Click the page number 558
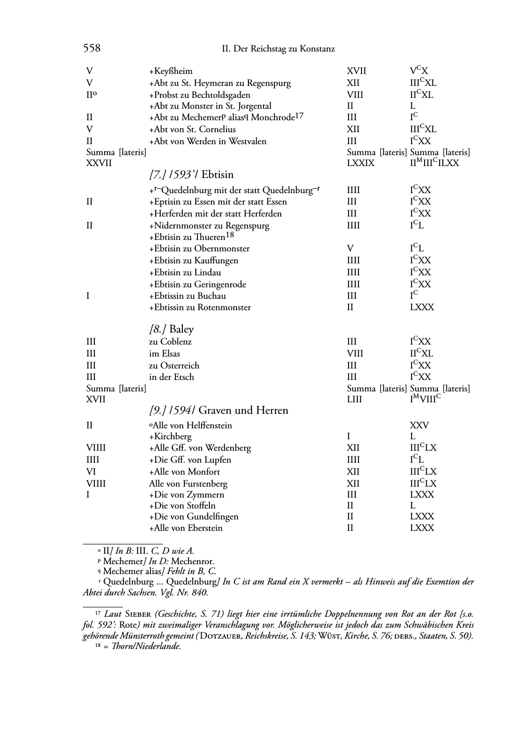click(92, 48)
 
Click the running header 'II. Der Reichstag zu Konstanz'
click(278, 49)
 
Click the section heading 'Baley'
click(181, 329)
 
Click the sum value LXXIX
click(360, 163)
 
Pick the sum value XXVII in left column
click(98, 163)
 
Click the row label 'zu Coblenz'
click(170, 342)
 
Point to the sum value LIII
click(354, 400)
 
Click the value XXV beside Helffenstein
click(419, 425)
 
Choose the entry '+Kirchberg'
click(170, 437)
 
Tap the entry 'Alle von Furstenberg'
click(188, 483)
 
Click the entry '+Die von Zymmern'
click(186, 494)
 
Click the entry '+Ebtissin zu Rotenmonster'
click(200, 308)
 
